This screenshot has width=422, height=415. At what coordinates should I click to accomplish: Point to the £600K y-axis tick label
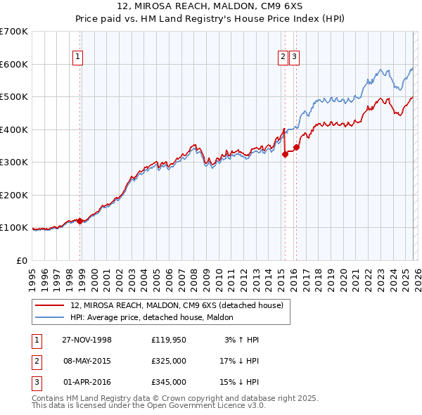[14, 64]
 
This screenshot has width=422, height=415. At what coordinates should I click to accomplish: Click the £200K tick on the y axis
[14, 195]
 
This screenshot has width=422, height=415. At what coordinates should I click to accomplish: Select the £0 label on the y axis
[23, 260]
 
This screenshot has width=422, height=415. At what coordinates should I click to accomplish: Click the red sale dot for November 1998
[80, 221]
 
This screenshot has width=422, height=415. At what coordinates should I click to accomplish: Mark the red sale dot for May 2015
[285, 154]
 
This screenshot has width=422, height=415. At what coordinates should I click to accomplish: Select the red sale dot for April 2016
[296, 148]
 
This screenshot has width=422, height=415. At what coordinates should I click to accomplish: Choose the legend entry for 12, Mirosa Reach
[177, 305]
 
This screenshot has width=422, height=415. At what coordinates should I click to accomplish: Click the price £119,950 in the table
[169, 340]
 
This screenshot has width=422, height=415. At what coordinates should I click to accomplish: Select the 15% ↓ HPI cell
[239, 382]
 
